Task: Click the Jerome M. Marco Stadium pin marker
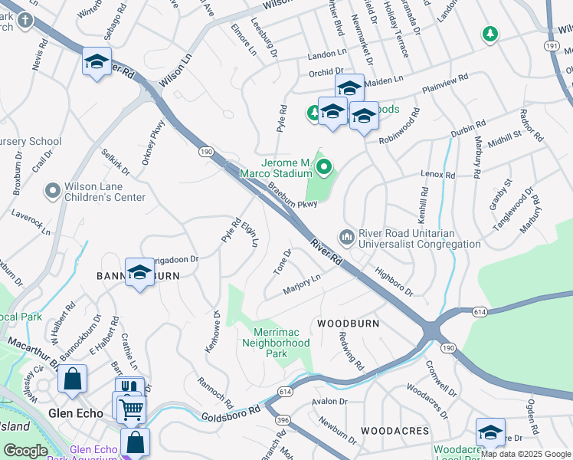pos(324,165)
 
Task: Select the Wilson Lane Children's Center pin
pos(52,189)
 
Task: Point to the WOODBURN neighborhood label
pos(349,324)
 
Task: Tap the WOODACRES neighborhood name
pos(395,432)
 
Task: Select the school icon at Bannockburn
pos(139,272)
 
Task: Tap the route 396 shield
pos(282,420)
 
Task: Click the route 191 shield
pos(551,46)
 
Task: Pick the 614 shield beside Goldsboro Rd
pos(286,392)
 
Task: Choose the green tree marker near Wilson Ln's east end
pos(490,34)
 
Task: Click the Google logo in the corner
pos(26,451)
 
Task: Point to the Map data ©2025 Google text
pos(526,454)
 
